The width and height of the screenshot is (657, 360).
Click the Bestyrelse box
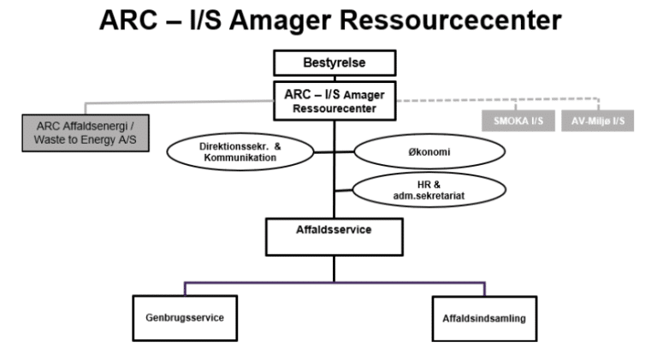(x=334, y=63)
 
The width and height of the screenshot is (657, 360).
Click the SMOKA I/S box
(x=512, y=121)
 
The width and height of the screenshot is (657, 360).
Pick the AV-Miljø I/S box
(x=597, y=121)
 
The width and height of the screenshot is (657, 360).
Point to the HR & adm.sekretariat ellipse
(x=417, y=190)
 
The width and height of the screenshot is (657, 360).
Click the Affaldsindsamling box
(x=479, y=319)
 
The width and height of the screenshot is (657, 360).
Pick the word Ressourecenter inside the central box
(x=334, y=108)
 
